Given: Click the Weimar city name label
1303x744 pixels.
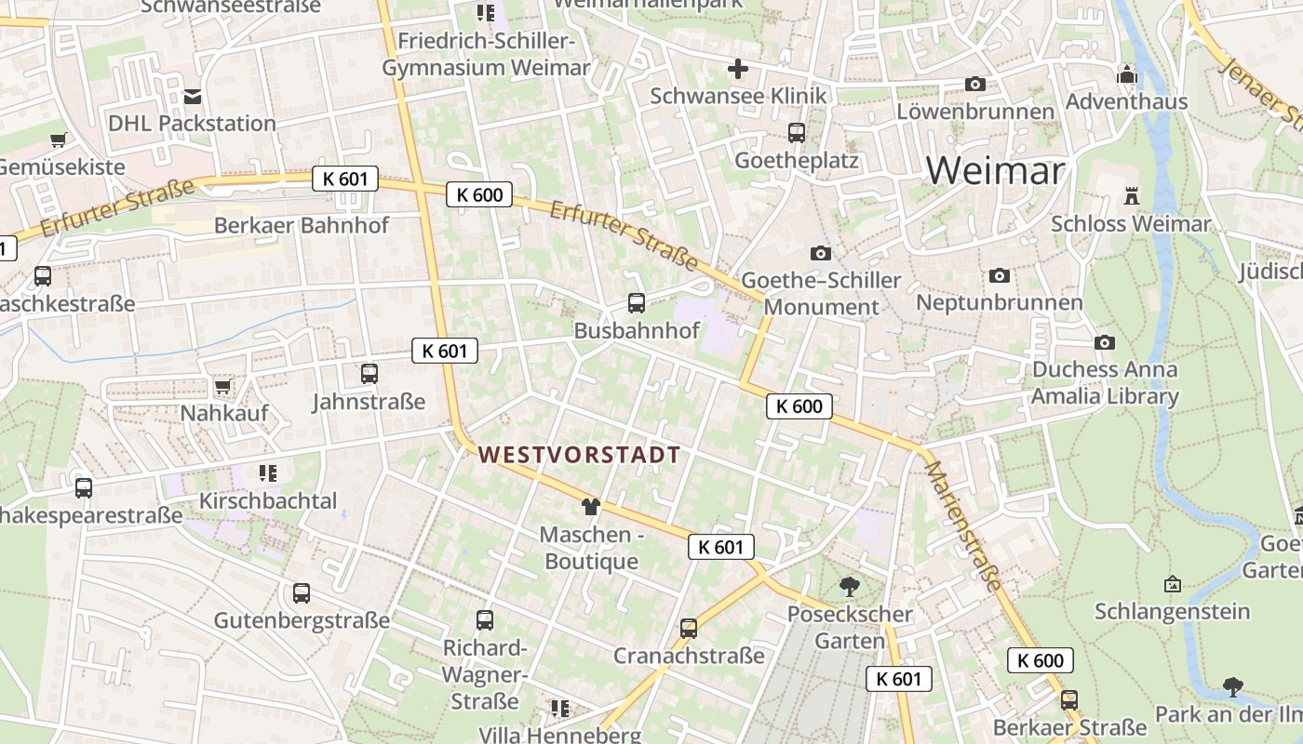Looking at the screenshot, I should pos(995,170).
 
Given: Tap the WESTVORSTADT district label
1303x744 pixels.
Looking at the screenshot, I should pos(579,455).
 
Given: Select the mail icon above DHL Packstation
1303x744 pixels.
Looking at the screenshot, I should pos(193,96).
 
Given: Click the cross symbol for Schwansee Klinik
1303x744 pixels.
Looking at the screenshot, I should pos(738,69).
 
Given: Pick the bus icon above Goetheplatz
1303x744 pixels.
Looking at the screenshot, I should pos(796,133).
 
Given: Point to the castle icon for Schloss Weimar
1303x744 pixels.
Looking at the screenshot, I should pos(1132,196).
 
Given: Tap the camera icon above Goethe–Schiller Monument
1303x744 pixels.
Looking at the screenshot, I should pos(820,253).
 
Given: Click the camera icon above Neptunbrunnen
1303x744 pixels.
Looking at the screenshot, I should pos(1000,275).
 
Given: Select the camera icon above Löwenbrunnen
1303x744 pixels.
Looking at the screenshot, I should pos(975,84).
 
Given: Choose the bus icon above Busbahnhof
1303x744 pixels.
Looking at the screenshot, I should pos(637,302).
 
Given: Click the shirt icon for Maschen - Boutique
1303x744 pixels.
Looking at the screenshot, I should pos(590,507).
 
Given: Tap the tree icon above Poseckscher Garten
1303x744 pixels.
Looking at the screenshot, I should pos(849,586).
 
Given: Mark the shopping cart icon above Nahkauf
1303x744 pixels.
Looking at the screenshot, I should pos(222,386).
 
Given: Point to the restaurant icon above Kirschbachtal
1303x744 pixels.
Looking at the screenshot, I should pos(268,473).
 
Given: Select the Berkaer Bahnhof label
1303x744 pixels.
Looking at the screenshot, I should pos(302,225).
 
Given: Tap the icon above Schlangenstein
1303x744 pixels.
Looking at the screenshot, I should pos(1173,584).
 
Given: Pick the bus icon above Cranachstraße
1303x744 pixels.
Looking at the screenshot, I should pos(689,629).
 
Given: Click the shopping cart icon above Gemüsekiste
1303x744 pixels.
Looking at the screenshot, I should pos(59,140).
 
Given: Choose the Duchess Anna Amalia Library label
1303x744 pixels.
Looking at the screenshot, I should pos(1105,383).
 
